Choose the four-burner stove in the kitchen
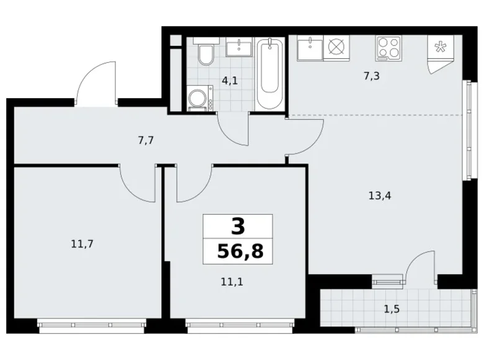point(389,47)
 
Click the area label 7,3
point(371,76)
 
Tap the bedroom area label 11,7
point(83,244)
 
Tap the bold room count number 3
point(238,226)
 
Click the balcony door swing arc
point(421,264)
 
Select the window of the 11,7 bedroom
point(92,323)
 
